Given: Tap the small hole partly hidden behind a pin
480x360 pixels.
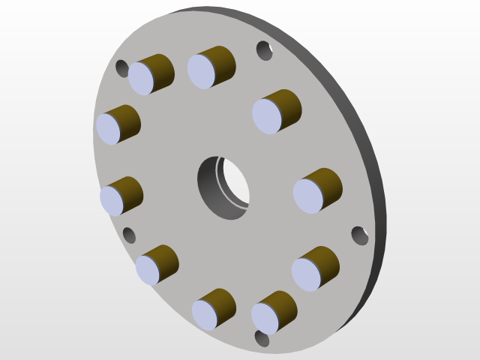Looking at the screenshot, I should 122,68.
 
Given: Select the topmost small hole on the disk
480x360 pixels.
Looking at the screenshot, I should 264,50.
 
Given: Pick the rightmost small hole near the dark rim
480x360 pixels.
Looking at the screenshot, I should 360,235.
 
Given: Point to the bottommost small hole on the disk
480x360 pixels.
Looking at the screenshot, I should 262,338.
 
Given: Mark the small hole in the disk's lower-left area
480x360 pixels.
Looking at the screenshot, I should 129,235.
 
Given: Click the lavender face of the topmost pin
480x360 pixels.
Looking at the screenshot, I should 201,71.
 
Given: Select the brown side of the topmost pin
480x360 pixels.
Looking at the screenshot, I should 222,60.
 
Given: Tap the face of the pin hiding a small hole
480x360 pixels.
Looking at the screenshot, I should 141,78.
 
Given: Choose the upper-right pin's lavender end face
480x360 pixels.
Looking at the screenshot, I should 266,115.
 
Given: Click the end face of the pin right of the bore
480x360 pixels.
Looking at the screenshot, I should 307,196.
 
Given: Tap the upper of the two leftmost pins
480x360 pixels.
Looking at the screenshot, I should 108,128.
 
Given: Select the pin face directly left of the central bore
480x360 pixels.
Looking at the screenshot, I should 112,200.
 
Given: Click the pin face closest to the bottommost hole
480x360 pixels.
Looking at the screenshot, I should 265,318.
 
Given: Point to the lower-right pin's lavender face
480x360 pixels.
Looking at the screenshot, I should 306,274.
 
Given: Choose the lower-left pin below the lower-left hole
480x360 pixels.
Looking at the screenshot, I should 148,270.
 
